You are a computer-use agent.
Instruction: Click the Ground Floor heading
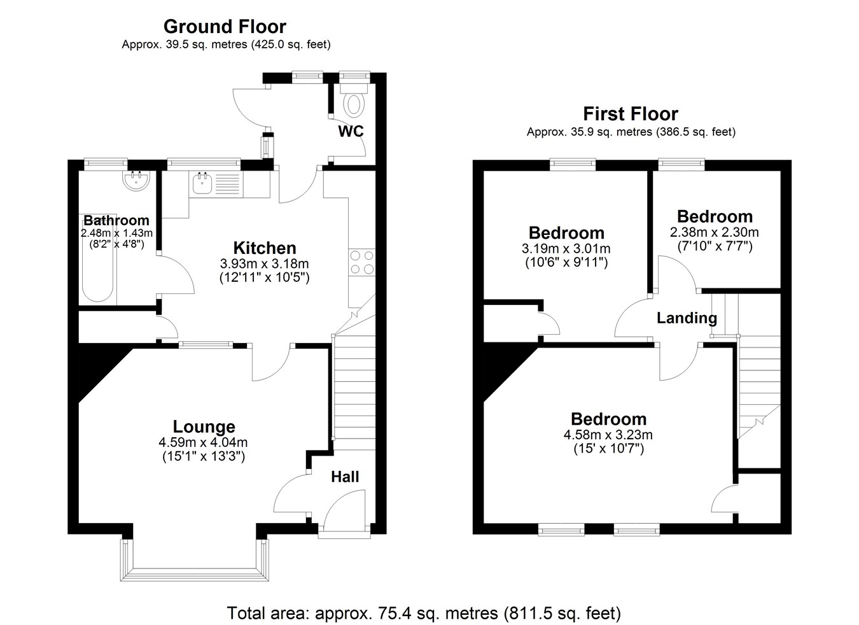coord(225,27)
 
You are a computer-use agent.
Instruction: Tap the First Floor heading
coord(631,114)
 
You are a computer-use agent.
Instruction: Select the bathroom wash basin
coord(136,181)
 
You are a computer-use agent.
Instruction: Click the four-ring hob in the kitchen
coord(361,262)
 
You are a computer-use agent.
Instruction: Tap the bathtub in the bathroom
coord(97,260)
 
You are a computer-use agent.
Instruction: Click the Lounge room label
coord(204,426)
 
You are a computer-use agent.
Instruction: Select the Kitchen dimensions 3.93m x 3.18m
coord(264,263)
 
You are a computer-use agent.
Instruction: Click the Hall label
coord(345,477)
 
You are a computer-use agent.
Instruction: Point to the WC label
coord(351,131)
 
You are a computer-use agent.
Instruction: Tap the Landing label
coord(687,318)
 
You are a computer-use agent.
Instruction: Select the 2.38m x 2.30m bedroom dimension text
coord(715,232)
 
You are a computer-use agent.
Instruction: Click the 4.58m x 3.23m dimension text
coord(608,435)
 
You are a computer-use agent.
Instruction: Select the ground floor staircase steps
coord(354,391)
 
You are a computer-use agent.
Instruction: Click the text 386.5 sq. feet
coord(695,132)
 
